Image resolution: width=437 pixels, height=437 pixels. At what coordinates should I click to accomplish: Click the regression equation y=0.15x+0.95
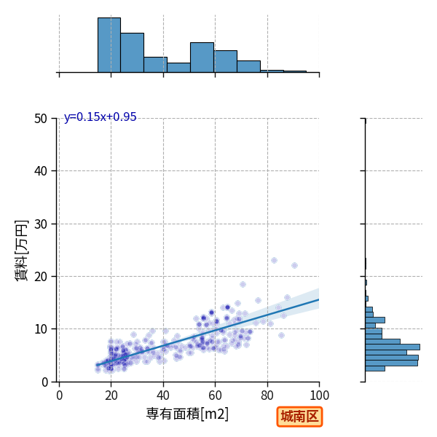click(101, 117)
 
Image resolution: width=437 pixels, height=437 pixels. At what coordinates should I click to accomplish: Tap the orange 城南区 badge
click(299, 417)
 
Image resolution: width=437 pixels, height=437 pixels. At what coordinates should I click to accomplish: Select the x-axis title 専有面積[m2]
click(187, 414)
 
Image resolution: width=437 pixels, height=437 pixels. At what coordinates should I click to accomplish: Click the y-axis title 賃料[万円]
click(22, 251)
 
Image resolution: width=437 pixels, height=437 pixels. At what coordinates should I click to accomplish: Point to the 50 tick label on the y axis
click(41, 119)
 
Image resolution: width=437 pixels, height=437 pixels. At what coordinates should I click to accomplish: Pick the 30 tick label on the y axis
click(41, 224)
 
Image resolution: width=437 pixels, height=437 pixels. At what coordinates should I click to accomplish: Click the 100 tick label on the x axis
click(320, 395)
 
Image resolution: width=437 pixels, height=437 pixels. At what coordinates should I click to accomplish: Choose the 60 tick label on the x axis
click(215, 395)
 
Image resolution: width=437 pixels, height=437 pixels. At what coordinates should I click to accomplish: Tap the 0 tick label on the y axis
click(44, 382)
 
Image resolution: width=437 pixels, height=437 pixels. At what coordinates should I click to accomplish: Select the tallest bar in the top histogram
click(109, 45)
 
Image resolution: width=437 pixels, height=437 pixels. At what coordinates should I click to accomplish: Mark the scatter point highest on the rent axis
click(275, 260)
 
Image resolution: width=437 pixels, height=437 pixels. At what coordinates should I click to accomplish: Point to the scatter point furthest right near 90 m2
click(294, 265)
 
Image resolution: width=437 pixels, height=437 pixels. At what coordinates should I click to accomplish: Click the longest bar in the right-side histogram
click(393, 347)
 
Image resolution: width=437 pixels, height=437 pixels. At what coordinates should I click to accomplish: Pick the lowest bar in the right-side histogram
click(375, 369)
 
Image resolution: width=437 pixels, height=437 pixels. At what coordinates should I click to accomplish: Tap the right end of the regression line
click(319, 299)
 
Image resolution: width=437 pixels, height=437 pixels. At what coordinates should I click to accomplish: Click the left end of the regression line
click(97, 365)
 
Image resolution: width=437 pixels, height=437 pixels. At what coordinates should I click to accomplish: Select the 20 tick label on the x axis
click(111, 395)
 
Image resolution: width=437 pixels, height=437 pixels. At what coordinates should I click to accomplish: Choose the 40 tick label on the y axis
click(41, 171)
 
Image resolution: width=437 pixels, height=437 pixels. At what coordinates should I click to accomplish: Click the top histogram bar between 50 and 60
click(202, 58)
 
